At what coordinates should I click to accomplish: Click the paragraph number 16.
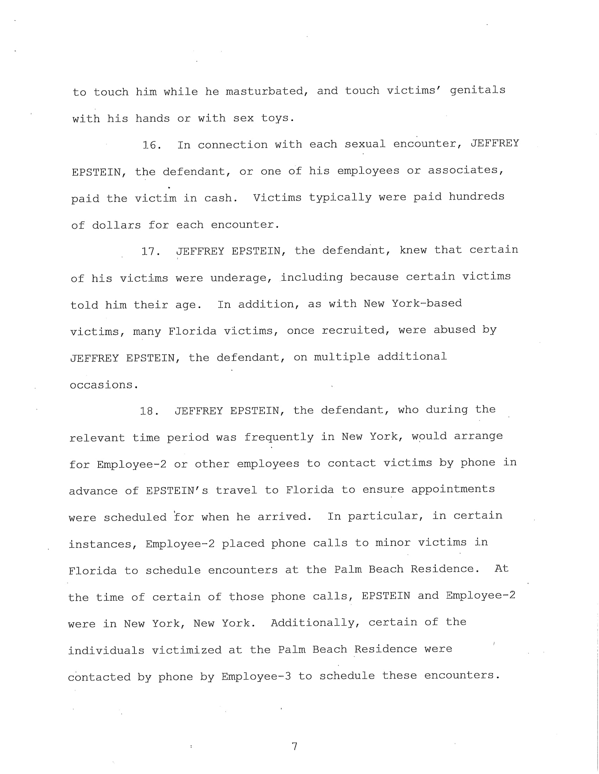[x=152, y=145]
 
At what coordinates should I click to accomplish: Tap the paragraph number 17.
[x=151, y=252]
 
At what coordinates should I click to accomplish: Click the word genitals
[x=477, y=90]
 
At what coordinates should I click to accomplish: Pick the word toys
[x=277, y=118]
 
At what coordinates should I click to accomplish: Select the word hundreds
[x=476, y=197]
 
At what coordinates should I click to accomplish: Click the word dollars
[x=116, y=225]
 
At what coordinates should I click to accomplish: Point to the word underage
[x=241, y=278]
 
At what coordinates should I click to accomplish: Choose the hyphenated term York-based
[x=427, y=303]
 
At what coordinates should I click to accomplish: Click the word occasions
[x=103, y=385]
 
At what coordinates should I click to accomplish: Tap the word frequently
[x=279, y=437]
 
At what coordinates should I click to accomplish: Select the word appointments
[x=453, y=489]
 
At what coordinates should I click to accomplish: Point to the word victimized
[x=186, y=650]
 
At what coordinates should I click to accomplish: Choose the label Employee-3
[x=256, y=677]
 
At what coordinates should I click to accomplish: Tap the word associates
[x=465, y=170]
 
